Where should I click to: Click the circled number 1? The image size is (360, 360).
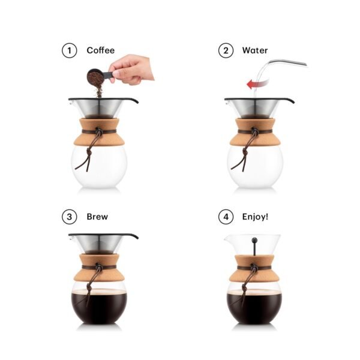(x=70, y=50)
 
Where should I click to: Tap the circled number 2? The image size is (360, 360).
(x=226, y=50)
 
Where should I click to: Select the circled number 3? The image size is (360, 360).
(x=70, y=217)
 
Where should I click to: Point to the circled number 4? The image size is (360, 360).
(x=226, y=217)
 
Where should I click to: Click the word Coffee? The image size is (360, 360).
(x=100, y=50)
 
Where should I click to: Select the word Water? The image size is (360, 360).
(x=255, y=50)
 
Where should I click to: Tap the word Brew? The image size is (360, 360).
(x=97, y=217)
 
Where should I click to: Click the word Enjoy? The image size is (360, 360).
(x=255, y=217)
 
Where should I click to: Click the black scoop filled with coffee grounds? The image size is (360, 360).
(x=95, y=77)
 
